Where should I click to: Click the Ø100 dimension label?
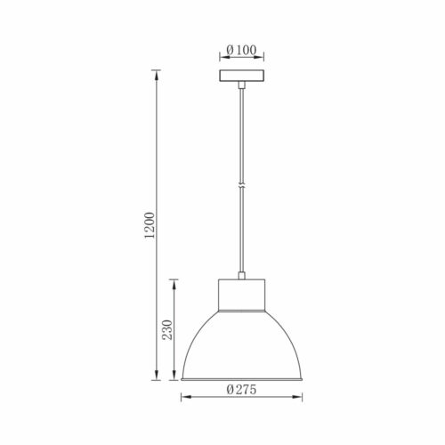[241, 50]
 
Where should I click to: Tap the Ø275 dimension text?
[241, 389]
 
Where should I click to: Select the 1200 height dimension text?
[150, 225]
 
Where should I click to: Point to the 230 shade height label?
[167, 329]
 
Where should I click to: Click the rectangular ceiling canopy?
[242, 76]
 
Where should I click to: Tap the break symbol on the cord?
[242, 186]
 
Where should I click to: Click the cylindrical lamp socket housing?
[242, 295]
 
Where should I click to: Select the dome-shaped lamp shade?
[242, 345]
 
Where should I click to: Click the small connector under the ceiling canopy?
[242, 85]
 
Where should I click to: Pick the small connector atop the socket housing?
[242, 276]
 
